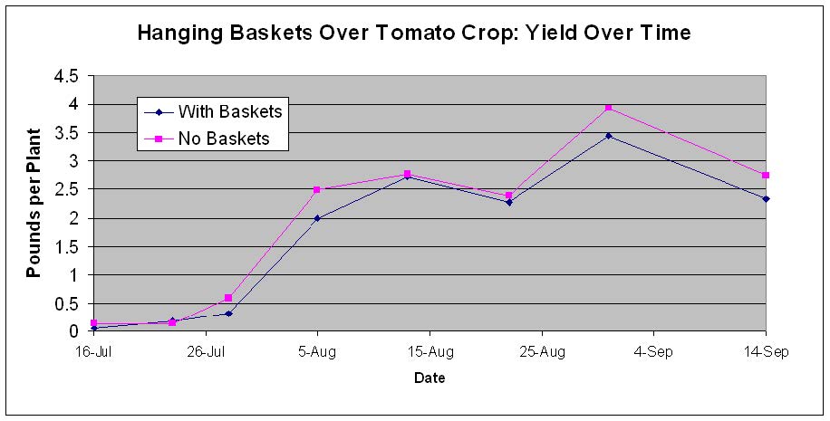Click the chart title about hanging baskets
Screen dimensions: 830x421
click(414, 33)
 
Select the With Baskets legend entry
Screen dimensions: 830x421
click(214, 111)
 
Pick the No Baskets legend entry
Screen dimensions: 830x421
click(207, 139)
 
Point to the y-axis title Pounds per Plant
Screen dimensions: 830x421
click(34, 203)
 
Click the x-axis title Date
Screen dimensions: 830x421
click(429, 378)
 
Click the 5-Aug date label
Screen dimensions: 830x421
click(317, 352)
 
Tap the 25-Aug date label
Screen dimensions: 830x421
click(542, 352)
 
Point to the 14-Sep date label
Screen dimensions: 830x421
click(766, 352)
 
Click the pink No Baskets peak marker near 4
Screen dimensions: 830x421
click(609, 108)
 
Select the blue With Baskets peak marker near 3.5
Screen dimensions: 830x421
click(609, 136)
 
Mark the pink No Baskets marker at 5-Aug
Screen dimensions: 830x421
click(317, 189)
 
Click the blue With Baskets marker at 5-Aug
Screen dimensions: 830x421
click(317, 218)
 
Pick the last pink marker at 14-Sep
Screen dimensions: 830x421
click(766, 175)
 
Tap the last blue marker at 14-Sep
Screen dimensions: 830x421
click(766, 199)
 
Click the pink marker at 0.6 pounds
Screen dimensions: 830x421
click(228, 298)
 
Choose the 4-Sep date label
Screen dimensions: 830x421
click(653, 352)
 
